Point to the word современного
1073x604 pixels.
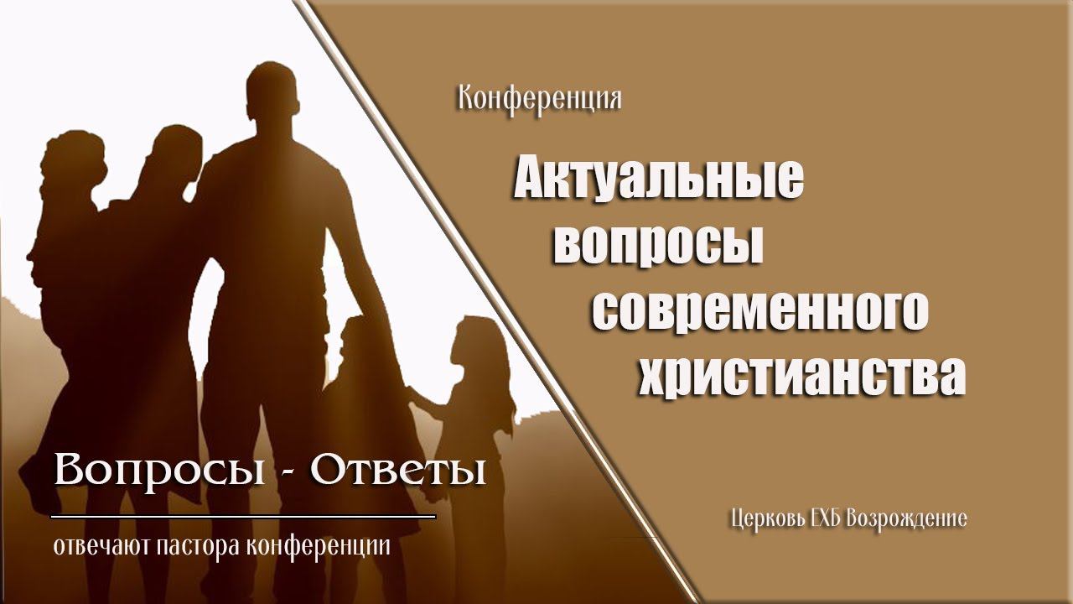click(x=760, y=310)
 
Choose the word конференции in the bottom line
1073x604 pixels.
click(x=320, y=547)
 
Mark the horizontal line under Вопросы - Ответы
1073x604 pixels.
click(x=243, y=516)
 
